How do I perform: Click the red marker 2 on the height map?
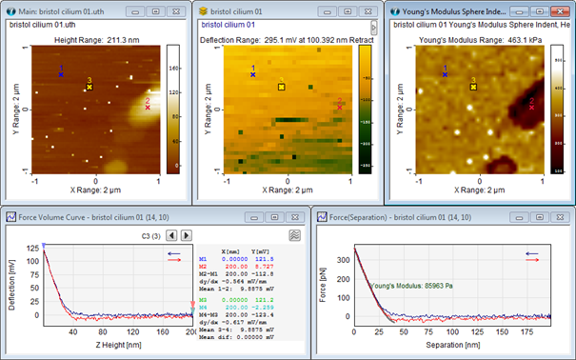148,108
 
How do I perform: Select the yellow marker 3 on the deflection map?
281,87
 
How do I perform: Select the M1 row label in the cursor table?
202,258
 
